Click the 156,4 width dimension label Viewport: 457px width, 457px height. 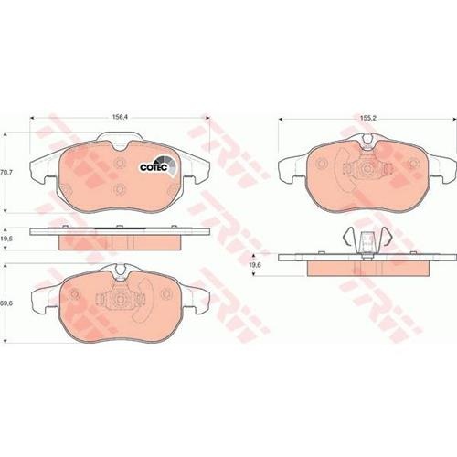(x=120, y=117)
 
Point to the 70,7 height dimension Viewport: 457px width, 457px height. (x=5, y=172)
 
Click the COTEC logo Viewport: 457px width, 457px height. (x=158, y=166)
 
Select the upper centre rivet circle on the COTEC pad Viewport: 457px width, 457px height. (x=120, y=163)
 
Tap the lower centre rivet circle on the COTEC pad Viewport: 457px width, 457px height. (x=119, y=189)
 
